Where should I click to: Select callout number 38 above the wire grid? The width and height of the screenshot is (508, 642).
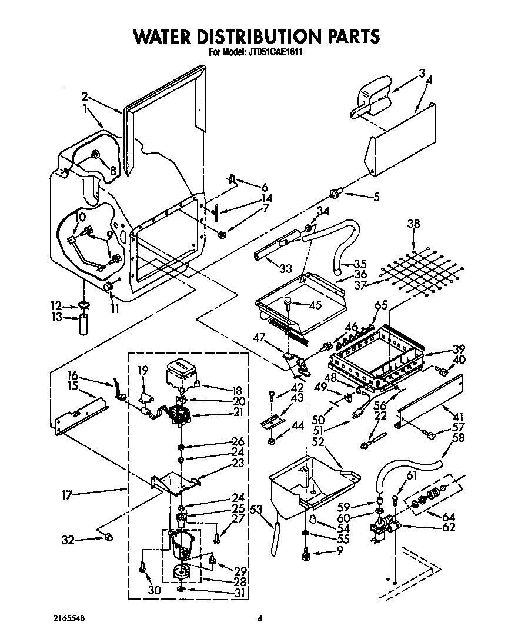(x=414, y=224)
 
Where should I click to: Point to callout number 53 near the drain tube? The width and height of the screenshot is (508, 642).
(x=256, y=509)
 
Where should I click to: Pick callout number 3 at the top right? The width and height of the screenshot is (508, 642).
(x=422, y=74)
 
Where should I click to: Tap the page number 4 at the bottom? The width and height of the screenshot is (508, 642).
(x=259, y=618)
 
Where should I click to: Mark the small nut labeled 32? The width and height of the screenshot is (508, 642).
(x=108, y=537)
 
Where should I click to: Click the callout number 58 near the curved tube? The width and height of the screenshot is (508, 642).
(x=459, y=438)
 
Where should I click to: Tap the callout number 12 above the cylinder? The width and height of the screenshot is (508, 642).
(x=56, y=305)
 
